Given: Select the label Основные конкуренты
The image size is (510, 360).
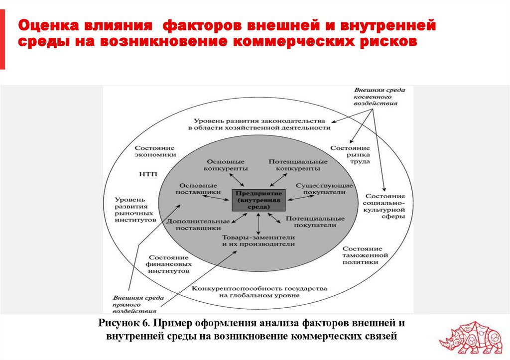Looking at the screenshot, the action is coord(226,165).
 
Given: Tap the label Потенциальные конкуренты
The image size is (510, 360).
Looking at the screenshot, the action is coord(298,165).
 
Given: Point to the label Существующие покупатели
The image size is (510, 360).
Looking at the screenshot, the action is coord(324,189).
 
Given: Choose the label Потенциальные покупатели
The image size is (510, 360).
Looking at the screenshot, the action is coord(315,222).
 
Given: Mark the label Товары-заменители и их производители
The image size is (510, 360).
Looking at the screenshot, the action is coord(258,241).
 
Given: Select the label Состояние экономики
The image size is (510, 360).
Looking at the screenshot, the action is coord(154,151).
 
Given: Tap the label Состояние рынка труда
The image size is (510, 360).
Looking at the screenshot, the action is coord(350,155).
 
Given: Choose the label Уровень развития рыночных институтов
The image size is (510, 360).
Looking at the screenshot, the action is coord(135,209).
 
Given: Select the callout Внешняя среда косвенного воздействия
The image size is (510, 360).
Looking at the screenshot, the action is coord(378,97).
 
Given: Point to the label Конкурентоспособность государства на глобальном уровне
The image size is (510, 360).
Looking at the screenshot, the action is coord(258,292).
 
